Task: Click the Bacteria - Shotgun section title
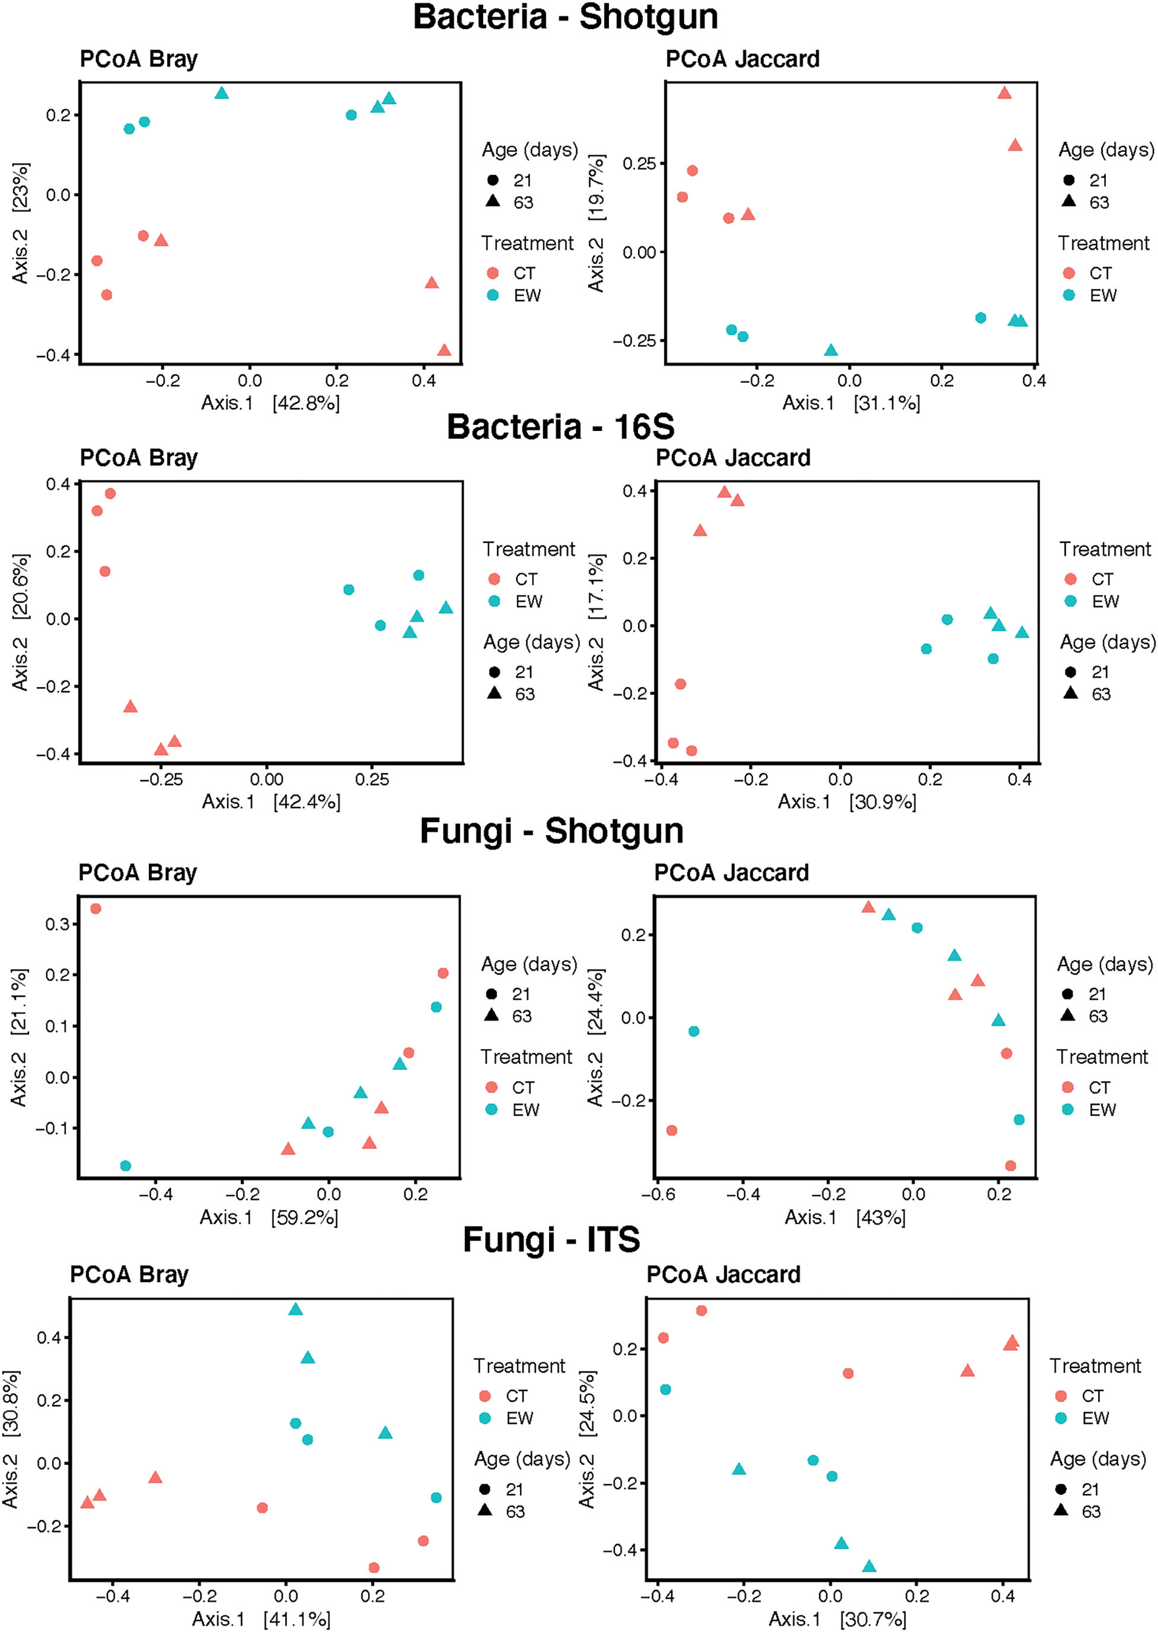coord(566,17)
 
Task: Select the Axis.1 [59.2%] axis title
coord(269,1217)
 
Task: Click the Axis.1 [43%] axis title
coord(845,1217)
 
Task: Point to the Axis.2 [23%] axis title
coord(20,223)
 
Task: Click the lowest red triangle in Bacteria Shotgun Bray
coord(444,351)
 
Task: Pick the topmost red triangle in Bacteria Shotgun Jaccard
coord(1004,93)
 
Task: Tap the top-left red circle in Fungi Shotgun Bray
coord(95,909)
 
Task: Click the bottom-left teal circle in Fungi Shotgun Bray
coord(126,1166)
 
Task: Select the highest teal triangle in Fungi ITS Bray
coord(296,1310)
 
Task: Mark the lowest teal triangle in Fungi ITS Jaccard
coord(869,1566)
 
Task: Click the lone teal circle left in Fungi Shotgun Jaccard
coord(694,1031)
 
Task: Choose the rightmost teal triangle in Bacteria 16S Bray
coord(446,608)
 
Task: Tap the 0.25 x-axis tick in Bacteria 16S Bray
coord(371,779)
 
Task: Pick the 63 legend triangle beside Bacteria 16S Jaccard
coord(1070,693)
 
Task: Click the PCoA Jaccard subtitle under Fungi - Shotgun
coord(731,873)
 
